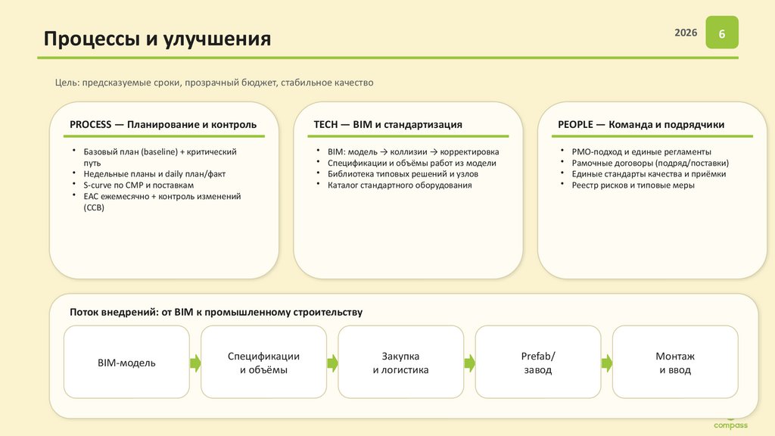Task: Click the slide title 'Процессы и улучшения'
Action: tap(157, 39)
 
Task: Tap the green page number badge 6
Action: tap(722, 35)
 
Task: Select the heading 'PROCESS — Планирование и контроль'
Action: tap(163, 124)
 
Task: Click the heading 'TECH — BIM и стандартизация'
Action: tap(387, 124)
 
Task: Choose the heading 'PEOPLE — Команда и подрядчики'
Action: tap(641, 124)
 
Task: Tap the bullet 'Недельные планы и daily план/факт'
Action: tap(154, 173)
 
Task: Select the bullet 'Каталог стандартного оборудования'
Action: tap(400, 185)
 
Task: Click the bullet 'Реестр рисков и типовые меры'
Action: tap(633, 185)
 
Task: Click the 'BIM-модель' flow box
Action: tap(126, 363)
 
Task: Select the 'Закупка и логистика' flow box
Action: tap(400, 363)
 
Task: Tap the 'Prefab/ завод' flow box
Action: tap(538, 363)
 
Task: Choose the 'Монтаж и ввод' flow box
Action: tap(674, 363)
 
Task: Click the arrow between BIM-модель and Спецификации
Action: tap(195, 363)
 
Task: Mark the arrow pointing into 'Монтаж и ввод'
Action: tap(605, 363)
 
